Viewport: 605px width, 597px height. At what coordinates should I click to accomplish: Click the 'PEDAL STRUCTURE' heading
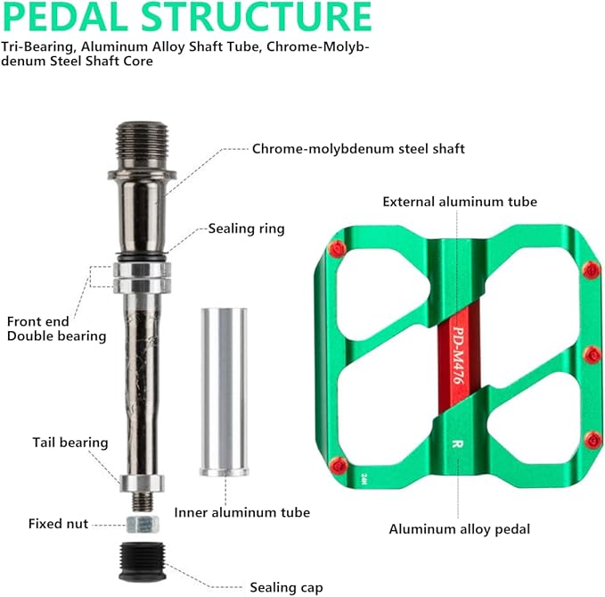[x=186, y=18]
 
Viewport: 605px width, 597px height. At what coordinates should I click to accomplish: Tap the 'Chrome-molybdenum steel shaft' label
[x=358, y=148]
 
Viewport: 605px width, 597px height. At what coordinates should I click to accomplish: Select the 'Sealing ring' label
[x=246, y=228]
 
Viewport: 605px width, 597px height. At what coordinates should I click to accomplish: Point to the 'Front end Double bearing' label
[x=57, y=328]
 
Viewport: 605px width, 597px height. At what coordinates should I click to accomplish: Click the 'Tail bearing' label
[x=70, y=442]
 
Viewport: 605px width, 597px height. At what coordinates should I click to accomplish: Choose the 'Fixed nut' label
[x=58, y=524]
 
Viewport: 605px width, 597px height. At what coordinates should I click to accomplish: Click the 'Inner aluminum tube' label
[x=242, y=512]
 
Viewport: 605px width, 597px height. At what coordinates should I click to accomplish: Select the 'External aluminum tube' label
[x=460, y=202]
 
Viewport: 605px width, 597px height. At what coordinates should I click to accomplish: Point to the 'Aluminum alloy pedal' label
[x=459, y=529]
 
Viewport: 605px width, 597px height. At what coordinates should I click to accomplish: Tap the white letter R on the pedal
[x=456, y=442]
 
